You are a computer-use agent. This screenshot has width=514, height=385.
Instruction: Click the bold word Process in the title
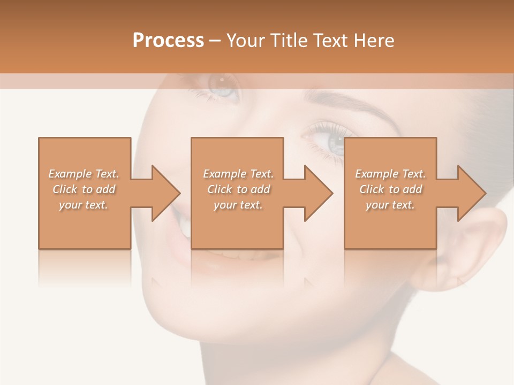(x=168, y=41)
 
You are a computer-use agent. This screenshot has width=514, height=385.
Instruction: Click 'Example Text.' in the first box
(x=84, y=174)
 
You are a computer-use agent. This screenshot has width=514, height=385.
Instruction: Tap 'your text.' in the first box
(x=84, y=205)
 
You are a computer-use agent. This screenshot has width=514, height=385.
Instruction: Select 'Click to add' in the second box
(x=238, y=189)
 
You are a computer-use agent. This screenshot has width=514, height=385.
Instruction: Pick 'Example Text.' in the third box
(x=390, y=174)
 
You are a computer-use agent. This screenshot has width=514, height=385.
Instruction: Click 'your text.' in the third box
(x=390, y=205)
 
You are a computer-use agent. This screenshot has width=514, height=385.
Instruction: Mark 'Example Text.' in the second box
(x=238, y=174)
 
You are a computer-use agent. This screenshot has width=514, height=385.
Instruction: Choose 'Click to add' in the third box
(x=390, y=189)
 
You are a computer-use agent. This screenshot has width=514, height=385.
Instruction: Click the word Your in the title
(x=245, y=41)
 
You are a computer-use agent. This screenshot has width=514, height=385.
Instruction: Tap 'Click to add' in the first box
(x=84, y=189)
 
